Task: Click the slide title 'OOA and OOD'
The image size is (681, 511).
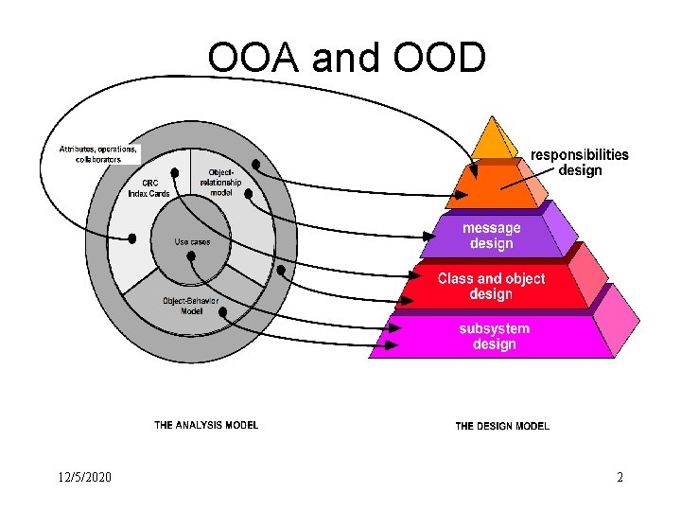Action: (347, 58)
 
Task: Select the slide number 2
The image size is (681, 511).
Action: (620, 477)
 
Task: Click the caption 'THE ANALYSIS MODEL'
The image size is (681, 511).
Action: (206, 425)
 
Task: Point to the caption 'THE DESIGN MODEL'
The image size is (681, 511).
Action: (502, 426)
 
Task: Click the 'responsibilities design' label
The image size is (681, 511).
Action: (579, 162)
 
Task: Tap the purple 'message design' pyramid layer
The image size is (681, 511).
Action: (491, 236)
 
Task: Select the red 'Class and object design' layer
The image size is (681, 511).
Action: (491, 286)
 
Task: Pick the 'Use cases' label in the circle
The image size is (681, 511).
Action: (192, 242)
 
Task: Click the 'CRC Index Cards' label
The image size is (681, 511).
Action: (149, 188)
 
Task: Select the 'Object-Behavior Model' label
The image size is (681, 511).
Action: (191, 305)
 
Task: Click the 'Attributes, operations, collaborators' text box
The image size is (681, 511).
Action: (98, 153)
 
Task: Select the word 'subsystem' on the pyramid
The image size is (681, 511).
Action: (494, 328)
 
